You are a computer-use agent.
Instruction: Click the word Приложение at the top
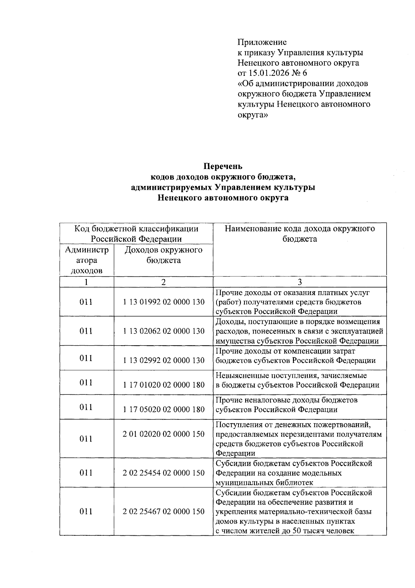262,42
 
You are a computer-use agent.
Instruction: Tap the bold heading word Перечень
223,166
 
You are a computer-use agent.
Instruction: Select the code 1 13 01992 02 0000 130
164,302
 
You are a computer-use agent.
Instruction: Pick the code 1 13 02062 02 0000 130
164,331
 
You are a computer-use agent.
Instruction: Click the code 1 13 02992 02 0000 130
164,360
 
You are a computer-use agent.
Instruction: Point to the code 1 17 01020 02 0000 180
164,385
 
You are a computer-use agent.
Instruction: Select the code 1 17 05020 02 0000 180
164,410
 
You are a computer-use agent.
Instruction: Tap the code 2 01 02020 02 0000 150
164,434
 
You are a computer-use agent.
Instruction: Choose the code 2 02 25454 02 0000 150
164,473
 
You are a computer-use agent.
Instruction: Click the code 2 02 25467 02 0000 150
164,511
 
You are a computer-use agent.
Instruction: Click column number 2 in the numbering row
163,282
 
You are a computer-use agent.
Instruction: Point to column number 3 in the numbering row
300,282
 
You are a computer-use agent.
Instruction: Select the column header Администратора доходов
86,260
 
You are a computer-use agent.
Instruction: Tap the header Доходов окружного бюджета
163,255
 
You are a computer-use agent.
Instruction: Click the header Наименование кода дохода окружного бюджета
299,234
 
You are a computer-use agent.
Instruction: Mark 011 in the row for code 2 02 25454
86,473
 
